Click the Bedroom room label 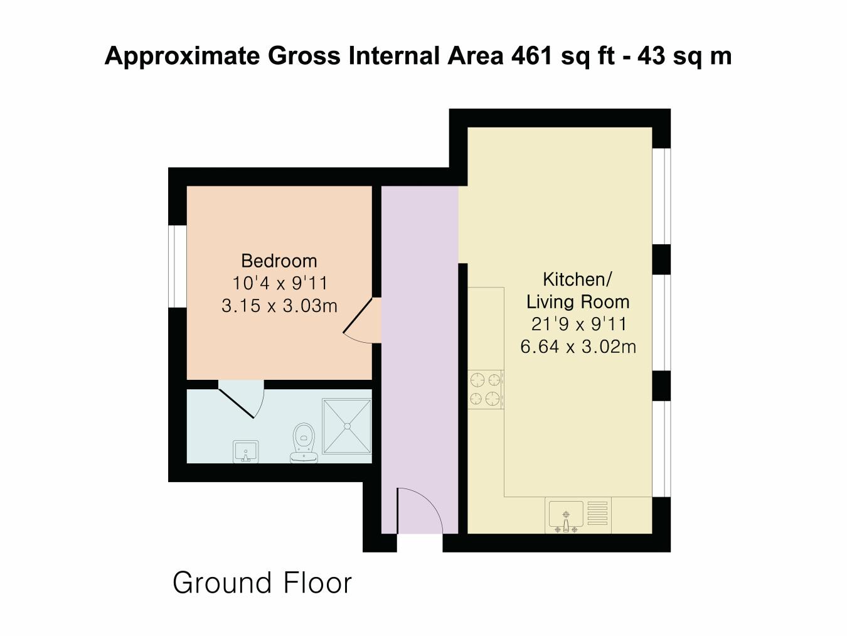click(279, 261)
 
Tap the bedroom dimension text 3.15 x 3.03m click(279, 306)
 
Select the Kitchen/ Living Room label click(577, 291)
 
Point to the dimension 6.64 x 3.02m click(578, 346)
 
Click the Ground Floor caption click(262, 583)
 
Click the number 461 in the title click(531, 56)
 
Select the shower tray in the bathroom click(347, 426)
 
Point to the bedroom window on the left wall click(178, 266)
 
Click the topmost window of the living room click(661, 196)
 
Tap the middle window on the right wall click(661, 322)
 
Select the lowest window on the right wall click(661, 448)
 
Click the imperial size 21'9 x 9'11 click(578, 324)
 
